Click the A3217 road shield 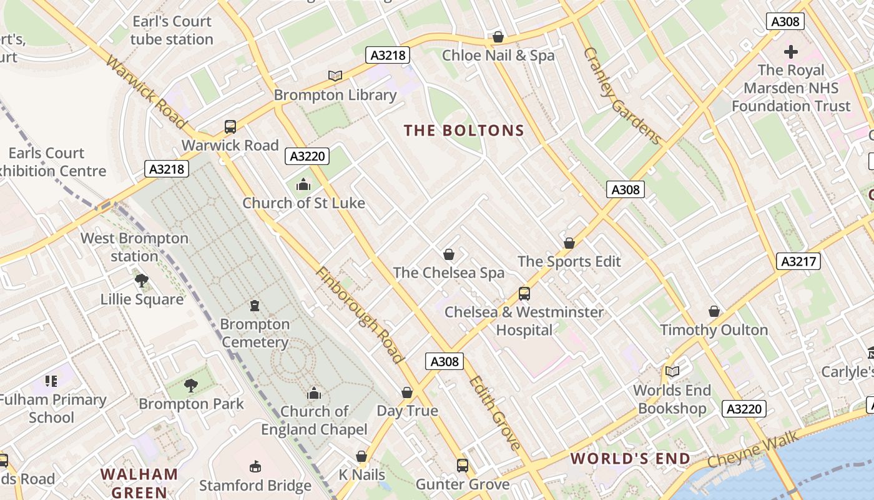pos(798,261)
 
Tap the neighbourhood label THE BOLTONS pos(464,131)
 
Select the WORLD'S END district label pos(631,459)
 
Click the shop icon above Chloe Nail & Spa pos(498,37)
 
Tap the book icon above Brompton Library pos(335,76)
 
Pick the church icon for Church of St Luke pos(303,184)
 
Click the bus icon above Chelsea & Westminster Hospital pos(524,293)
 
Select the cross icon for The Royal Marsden pos(791,52)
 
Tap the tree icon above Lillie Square pos(142,281)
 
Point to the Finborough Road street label pos(360,315)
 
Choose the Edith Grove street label pos(494,413)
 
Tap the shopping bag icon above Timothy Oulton pos(714,311)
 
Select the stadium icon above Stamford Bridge pos(255,467)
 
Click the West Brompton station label pos(134,247)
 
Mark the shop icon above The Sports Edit pos(569,242)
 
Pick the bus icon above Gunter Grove pos(463,466)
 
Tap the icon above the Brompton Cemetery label pos(255,306)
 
